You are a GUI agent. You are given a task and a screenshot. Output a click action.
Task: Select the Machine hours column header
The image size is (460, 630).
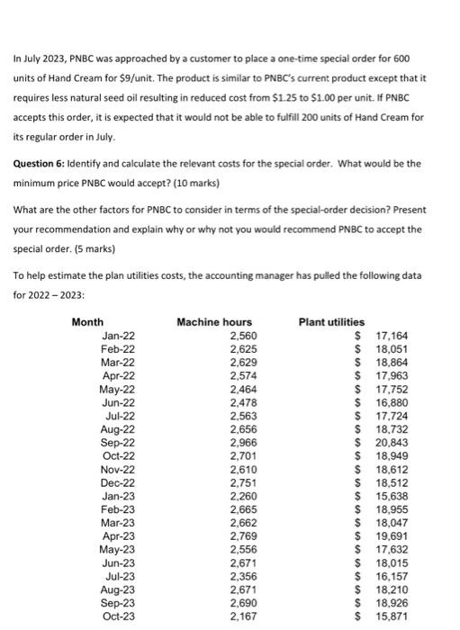[x=214, y=322]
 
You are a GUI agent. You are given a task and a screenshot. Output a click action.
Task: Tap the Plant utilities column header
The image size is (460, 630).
[x=331, y=322]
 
